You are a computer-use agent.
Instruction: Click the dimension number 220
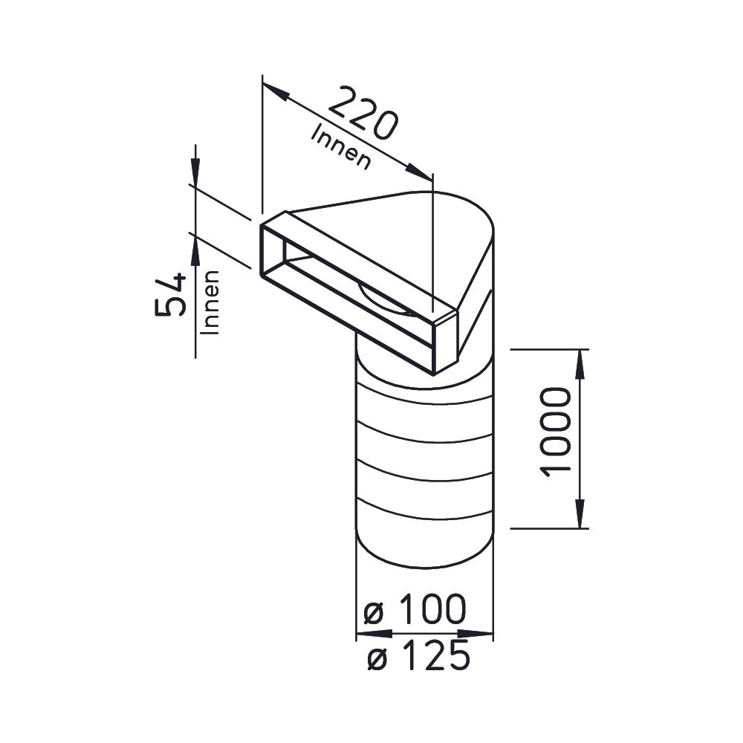click(x=362, y=113)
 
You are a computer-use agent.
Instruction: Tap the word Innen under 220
click(x=340, y=147)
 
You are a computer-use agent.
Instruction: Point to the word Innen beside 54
click(x=210, y=303)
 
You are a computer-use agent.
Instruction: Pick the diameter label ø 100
click(x=415, y=609)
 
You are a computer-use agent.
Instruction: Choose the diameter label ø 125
click(x=419, y=655)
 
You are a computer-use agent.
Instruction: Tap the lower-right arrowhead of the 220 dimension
click(x=419, y=172)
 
